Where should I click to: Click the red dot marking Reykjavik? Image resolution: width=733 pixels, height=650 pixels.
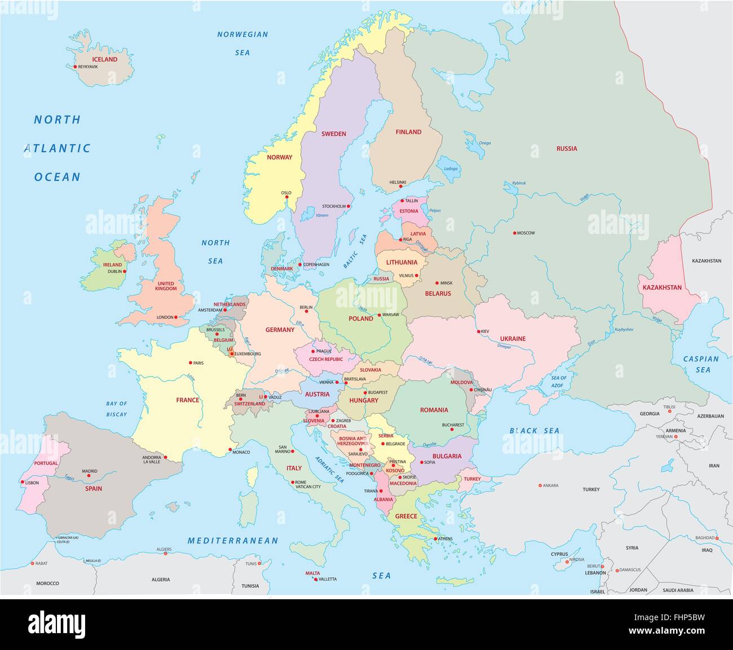[x=75, y=67]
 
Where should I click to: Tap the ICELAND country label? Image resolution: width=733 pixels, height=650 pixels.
[x=105, y=59]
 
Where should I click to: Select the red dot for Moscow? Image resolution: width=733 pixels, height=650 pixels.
[x=514, y=233]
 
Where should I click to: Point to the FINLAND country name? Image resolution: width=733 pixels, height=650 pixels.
[x=408, y=132]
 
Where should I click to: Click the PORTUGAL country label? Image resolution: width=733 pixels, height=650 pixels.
[x=46, y=463]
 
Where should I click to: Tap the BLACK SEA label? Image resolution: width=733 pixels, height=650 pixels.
[x=535, y=431]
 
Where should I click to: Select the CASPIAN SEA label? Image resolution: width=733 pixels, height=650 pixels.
[x=701, y=364]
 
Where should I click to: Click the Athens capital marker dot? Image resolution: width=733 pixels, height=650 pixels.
[x=435, y=538]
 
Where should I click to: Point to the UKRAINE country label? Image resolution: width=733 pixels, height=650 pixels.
[x=513, y=339]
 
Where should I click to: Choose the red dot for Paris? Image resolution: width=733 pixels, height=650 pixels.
[x=191, y=362]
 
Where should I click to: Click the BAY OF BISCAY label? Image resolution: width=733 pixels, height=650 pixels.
[x=117, y=409]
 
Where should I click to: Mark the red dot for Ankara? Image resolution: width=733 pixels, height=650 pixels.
[x=540, y=485]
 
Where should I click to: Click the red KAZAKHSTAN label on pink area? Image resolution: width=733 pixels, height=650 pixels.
[x=662, y=288]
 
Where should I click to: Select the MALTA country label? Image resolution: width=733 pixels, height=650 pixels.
[x=312, y=573]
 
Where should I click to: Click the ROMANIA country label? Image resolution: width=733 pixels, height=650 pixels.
[x=434, y=410]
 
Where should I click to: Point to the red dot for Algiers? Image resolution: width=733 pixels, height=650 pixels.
[x=165, y=554]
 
